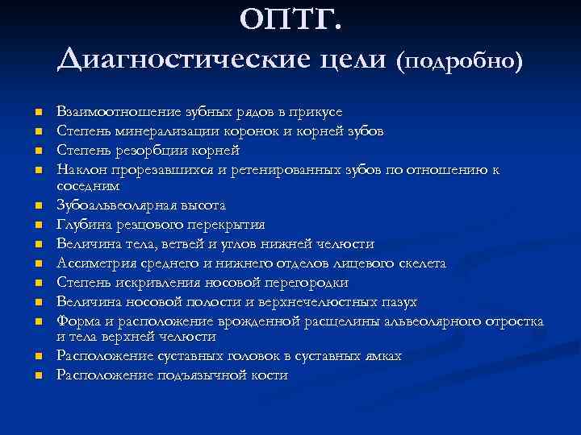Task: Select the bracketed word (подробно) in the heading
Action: click(459, 60)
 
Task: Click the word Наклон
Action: click(78, 170)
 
